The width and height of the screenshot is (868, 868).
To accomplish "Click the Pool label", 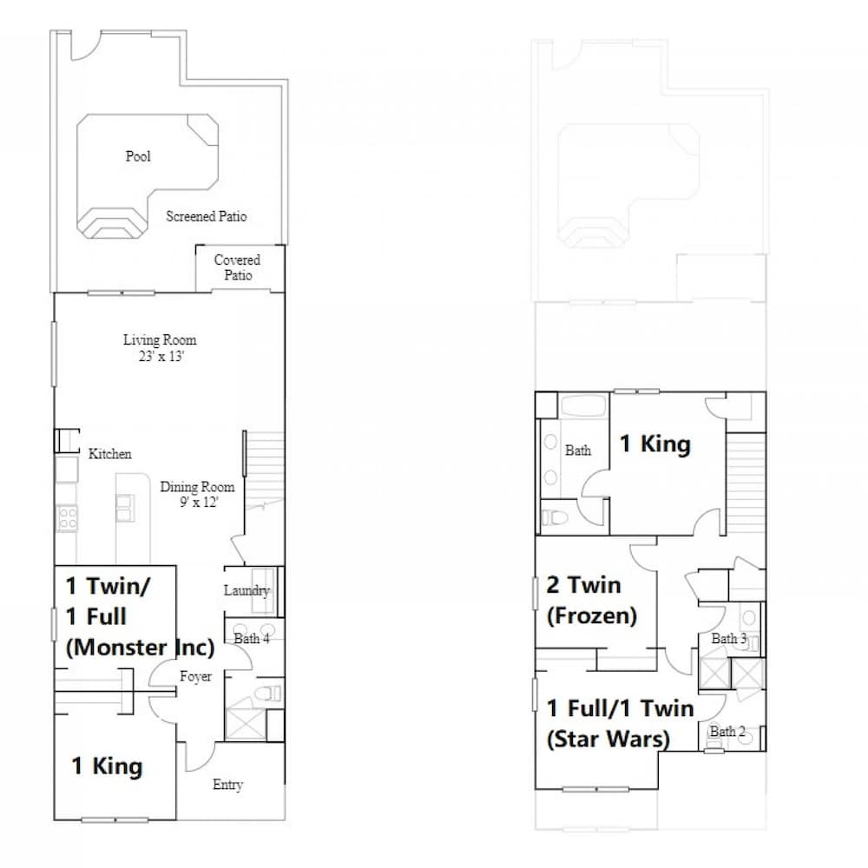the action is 138,156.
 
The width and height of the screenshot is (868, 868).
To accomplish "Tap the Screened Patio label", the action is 206,216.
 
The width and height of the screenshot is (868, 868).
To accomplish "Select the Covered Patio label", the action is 238,267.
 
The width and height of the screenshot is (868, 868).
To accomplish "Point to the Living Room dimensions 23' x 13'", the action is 161,356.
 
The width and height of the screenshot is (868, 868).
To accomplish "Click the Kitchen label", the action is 109,454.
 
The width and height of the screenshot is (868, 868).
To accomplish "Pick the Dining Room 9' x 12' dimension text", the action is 199,502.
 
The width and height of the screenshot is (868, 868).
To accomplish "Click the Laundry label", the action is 247,590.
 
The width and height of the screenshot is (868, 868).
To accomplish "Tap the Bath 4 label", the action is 252,638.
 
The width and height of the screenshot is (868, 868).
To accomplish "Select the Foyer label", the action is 195,676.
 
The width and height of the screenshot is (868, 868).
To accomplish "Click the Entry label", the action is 227,785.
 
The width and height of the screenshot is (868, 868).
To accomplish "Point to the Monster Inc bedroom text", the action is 140,648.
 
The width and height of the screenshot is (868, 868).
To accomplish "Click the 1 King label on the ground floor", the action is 107,766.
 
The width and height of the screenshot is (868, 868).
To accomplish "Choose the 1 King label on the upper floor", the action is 654,444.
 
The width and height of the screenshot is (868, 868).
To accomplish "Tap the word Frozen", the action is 592,615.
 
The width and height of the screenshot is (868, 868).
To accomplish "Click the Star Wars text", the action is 608,739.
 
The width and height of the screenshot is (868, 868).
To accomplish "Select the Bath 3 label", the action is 728,639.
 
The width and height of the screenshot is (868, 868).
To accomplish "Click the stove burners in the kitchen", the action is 67,518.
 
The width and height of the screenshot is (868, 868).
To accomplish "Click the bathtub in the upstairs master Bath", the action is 583,405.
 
